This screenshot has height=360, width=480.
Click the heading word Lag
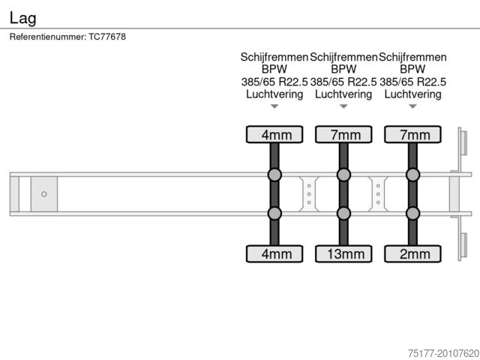click(x=23, y=18)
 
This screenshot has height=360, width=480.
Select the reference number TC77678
click(x=107, y=37)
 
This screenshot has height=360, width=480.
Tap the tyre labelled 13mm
click(x=343, y=253)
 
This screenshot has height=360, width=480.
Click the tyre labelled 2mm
click(x=412, y=253)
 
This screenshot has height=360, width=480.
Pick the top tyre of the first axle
click(x=274, y=134)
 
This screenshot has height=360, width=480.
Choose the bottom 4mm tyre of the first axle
click(x=274, y=253)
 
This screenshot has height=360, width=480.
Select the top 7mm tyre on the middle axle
click(x=343, y=134)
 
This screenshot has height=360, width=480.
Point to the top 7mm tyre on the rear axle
click(x=412, y=134)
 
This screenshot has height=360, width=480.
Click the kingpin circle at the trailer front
click(x=44, y=193)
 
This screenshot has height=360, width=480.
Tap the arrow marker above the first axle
click(x=274, y=106)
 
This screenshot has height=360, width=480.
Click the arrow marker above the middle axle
click(x=343, y=106)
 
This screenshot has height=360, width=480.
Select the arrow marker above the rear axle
click(x=412, y=106)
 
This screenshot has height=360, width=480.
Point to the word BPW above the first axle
click(x=274, y=69)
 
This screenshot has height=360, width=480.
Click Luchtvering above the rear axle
click(x=412, y=94)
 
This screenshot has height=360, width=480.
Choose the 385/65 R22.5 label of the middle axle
click(x=343, y=82)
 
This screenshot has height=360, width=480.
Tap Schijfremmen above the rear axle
click(x=412, y=57)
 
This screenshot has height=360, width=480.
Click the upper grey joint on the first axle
click(x=274, y=175)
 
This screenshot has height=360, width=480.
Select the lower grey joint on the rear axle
click(x=412, y=213)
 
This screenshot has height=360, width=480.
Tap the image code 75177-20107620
click(x=443, y=353)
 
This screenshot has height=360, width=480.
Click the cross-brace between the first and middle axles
click(x=309, y=193)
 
